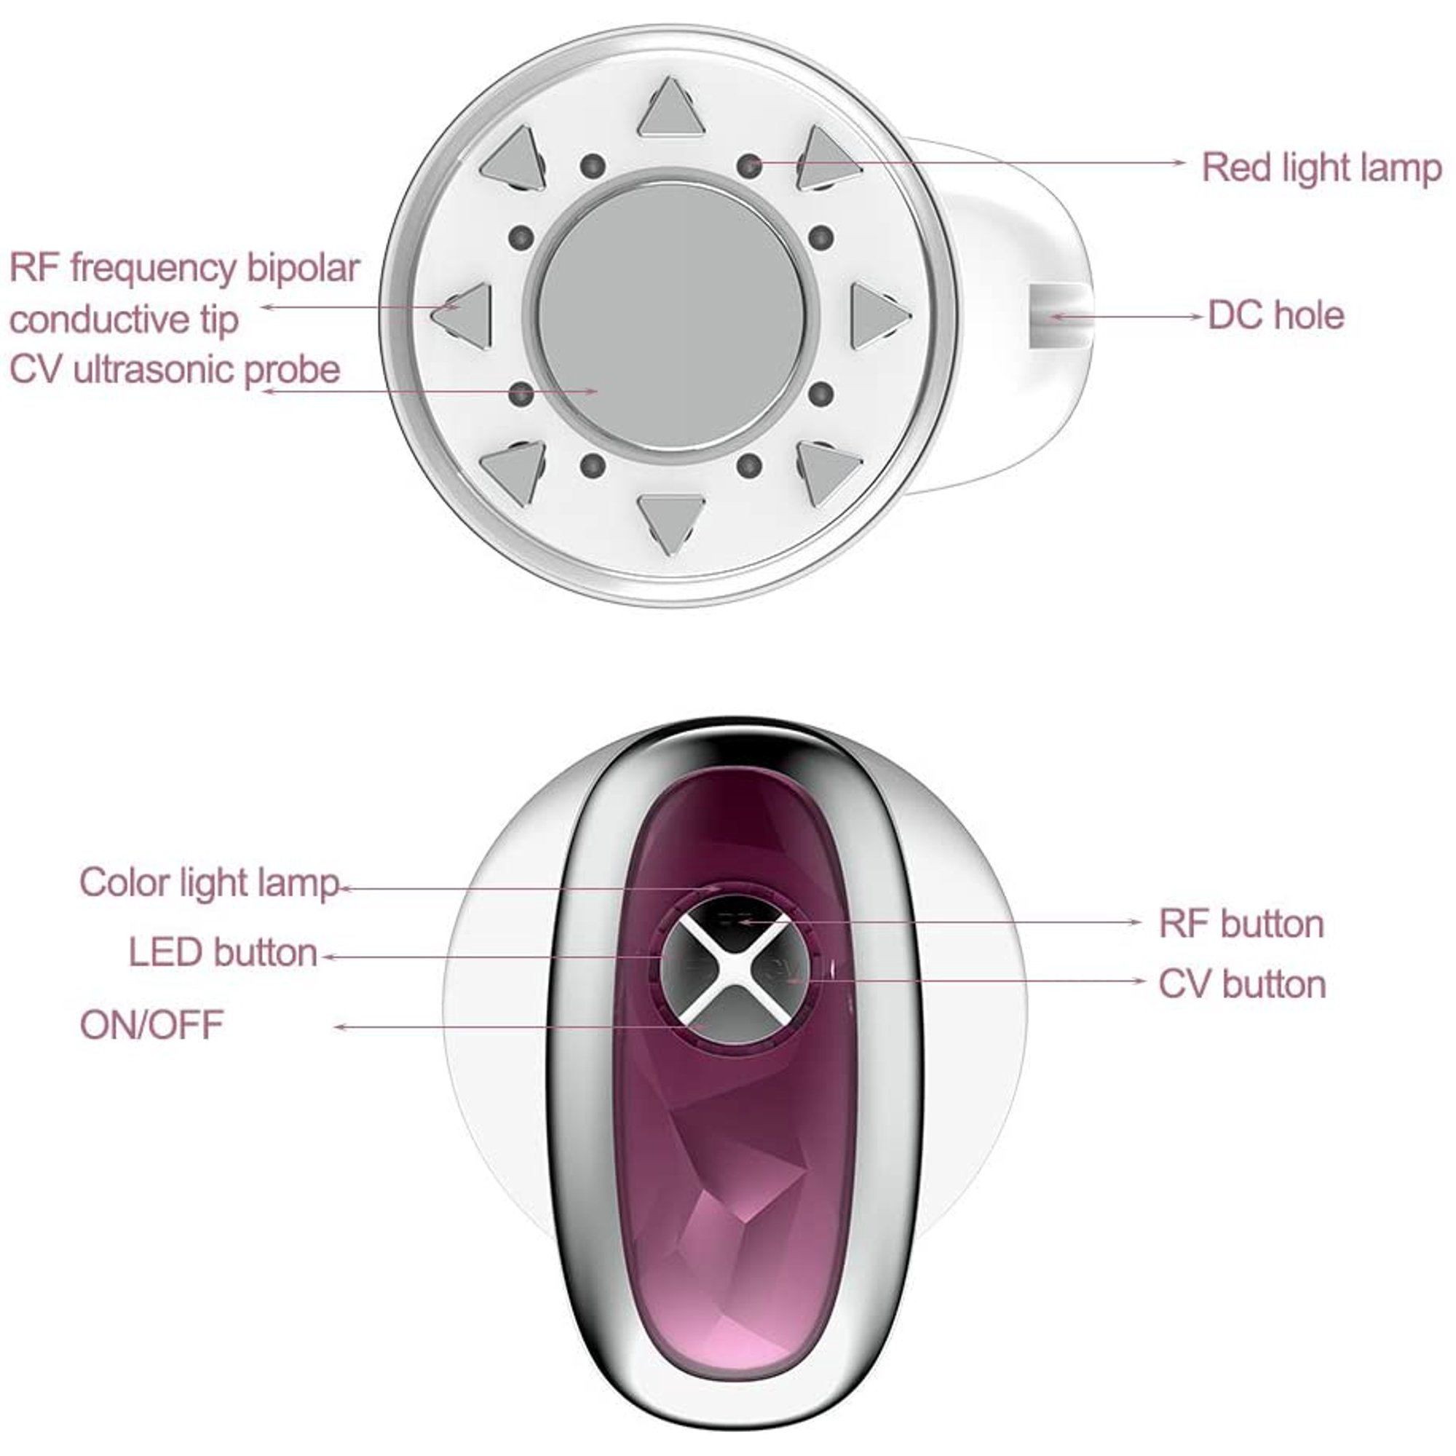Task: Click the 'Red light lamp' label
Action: pos(1321,167)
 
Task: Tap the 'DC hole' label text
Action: pos(1276,315)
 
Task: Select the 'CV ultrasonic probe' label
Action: pos(175,370)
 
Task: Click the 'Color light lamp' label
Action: pos(209,882)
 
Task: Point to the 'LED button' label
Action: pos(223,952)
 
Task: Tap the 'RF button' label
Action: pos(1241,924)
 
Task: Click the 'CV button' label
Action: pos(1242,984)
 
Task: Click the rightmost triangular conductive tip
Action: pos(879,316)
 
